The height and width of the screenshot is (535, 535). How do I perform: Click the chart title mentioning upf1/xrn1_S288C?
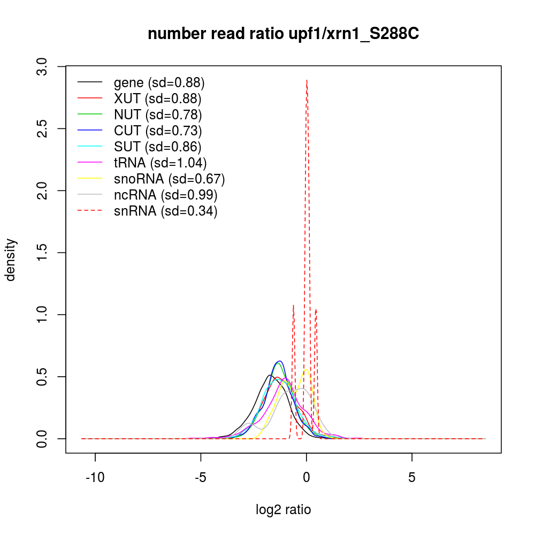(x=283, y=34)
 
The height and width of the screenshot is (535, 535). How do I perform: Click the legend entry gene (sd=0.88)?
(x=159, y=83)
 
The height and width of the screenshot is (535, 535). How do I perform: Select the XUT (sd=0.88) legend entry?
(x=157, y=98)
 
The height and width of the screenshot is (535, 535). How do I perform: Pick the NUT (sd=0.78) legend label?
(x=158, y=114)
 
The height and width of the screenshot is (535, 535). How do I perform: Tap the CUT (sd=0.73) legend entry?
(x=158, y=131)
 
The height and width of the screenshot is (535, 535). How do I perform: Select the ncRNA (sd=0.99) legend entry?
(x=165, y=195)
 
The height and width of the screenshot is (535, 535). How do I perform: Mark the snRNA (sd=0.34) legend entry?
(x=165, y=211)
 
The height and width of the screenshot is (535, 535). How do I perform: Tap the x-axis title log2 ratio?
(x=283, y=510)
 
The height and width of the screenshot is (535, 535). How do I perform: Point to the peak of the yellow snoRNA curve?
(x=306, y=369)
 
